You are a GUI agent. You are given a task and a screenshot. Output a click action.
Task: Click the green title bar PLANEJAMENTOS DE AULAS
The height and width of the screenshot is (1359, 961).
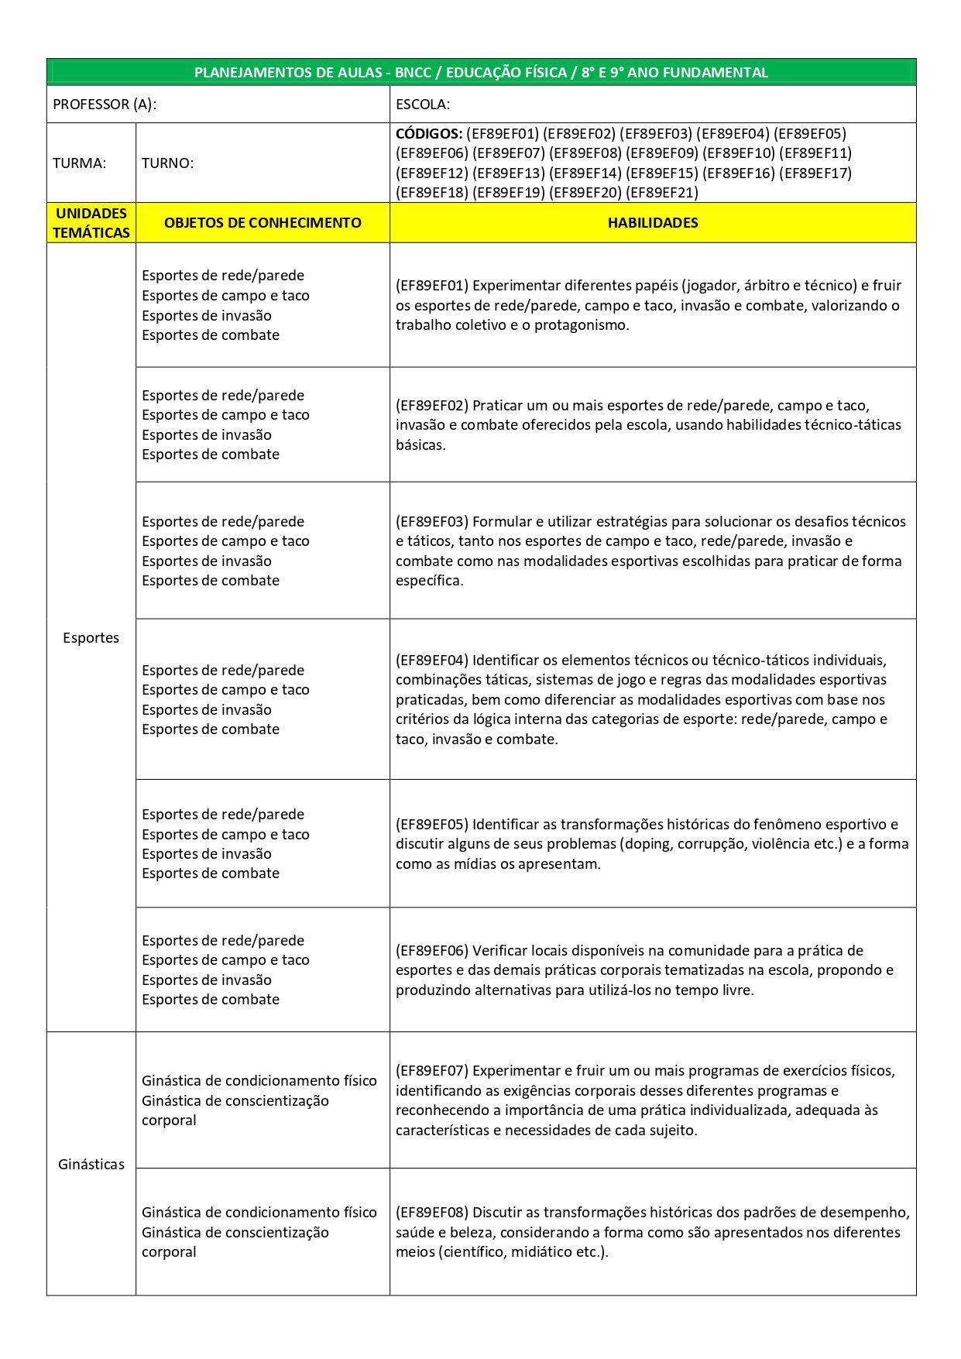pos(481,73)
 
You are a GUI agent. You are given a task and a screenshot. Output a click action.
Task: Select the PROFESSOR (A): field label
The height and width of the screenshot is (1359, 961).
pos(105,105)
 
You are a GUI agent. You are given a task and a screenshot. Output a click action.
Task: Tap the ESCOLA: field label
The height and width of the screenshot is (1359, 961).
pos(423,105)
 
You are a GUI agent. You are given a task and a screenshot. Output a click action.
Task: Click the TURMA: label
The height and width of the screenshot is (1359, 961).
pos(80,163)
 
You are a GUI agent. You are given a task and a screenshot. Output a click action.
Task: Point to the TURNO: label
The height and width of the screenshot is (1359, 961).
pos(168,163)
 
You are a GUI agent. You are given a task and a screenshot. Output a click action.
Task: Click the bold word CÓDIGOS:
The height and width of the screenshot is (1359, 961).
pos(429,134)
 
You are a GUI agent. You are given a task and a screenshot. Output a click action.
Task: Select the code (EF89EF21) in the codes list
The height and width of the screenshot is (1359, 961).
pos(662,193)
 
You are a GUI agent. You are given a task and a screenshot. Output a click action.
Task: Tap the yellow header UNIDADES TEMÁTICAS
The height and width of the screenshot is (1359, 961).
pos(91,223)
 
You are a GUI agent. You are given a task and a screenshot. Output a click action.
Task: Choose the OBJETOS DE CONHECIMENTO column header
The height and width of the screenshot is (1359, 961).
pos(263,223)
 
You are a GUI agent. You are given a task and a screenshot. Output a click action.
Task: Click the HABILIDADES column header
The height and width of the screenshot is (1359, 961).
pos(653,223)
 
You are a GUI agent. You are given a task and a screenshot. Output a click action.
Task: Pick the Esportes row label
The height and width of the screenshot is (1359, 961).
pos(91,638)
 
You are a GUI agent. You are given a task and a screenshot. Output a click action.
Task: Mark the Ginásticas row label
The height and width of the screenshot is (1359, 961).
pos(91,1165)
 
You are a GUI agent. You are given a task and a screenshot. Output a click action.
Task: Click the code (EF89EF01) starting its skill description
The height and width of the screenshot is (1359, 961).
pos(432,286)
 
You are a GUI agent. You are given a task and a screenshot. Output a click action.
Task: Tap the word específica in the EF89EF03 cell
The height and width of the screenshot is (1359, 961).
pos(428,581)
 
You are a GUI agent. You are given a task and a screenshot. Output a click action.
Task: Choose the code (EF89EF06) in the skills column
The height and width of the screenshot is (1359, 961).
pos(432,951)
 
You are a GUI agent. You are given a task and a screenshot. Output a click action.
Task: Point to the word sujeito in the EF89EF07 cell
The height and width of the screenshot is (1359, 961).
pos(671,1131)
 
